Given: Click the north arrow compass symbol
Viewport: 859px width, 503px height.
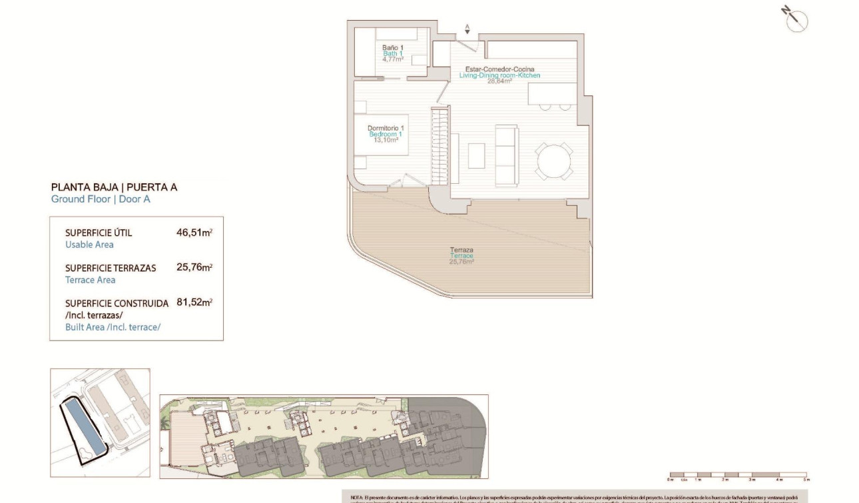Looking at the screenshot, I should pos(795,20).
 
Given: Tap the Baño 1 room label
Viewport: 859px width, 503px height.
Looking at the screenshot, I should pos(393,48).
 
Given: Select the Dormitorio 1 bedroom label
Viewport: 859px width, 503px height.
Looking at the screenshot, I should pos(386,128).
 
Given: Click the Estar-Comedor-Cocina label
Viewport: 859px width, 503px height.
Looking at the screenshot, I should pos(499,69).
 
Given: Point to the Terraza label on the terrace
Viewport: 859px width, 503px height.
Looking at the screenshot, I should pos(461,250).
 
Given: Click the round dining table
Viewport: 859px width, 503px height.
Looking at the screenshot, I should pos(554,161).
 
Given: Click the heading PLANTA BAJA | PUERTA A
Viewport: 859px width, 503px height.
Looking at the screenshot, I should pos(114,187).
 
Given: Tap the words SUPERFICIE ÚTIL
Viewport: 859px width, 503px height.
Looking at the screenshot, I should pos(99,233).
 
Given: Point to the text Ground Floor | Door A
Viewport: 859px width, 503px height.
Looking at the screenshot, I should pos(101,199).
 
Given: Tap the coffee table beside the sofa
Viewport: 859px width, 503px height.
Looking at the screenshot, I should pos(477,156).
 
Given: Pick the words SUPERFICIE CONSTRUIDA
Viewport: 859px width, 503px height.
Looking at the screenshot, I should pos(117,303).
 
